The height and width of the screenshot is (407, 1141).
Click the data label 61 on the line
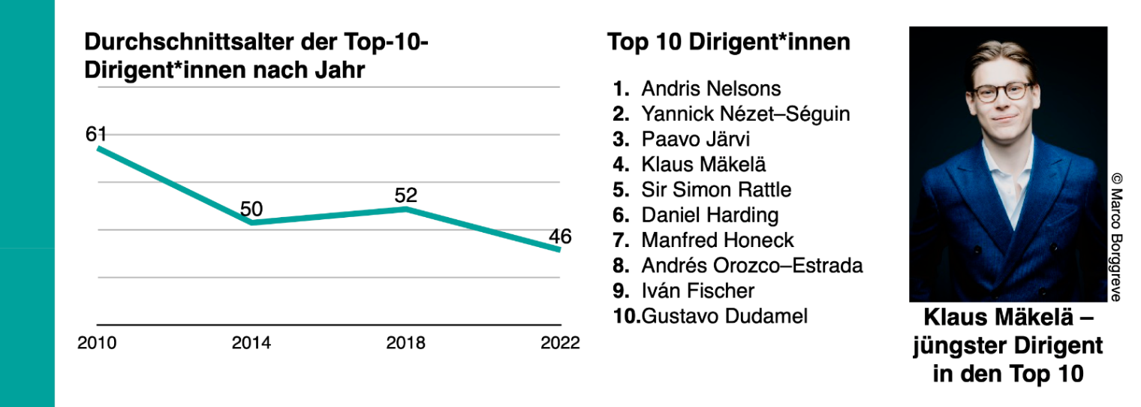pyautogui.click(x=96, y=134)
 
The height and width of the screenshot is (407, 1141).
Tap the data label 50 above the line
pyautogui.click(x=251, y=209)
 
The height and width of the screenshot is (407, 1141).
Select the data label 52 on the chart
pyautogui.click(x=406, y=195)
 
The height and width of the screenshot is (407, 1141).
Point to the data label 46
pyautogui.click(x=560, y=237)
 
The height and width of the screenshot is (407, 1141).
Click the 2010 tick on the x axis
pyautogui.click(x=97, y=343)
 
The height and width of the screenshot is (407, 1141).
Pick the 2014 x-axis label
pyautogui.click(x=251, y=343)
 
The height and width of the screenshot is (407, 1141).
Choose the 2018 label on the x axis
pyautogui.click(x=406, y=343)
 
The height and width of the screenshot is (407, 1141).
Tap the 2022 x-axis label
pyautogui.click(x=560, y=343)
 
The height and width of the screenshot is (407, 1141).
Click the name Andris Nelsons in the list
pyautogui.click(x=711, y=89)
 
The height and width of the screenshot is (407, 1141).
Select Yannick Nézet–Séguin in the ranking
pyautogui.click(x=745, y=114)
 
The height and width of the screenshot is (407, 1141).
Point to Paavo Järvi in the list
pyautogui.click(x=696, y=139)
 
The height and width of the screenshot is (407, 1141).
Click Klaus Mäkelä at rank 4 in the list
pyautogui.click(x=704, y=164)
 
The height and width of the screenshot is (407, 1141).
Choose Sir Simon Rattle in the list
pyautogui.click(x=717, y=189)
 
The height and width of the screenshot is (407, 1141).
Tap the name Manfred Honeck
pyautogui.click(x=718, y=240)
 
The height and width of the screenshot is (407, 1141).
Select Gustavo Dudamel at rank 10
pyautogui.click(x=725, y=316)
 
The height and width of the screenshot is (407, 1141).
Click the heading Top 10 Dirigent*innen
pyautogui.click(x=729, y=42)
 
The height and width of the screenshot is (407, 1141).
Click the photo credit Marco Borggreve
pyautogui.click(x=1116, y=245)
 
